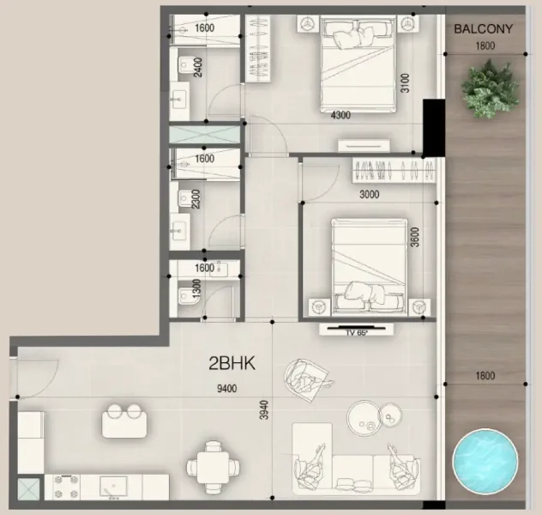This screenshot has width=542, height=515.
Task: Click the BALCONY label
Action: [483, 28]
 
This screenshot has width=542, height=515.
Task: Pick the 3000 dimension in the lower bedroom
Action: [369, 194]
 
